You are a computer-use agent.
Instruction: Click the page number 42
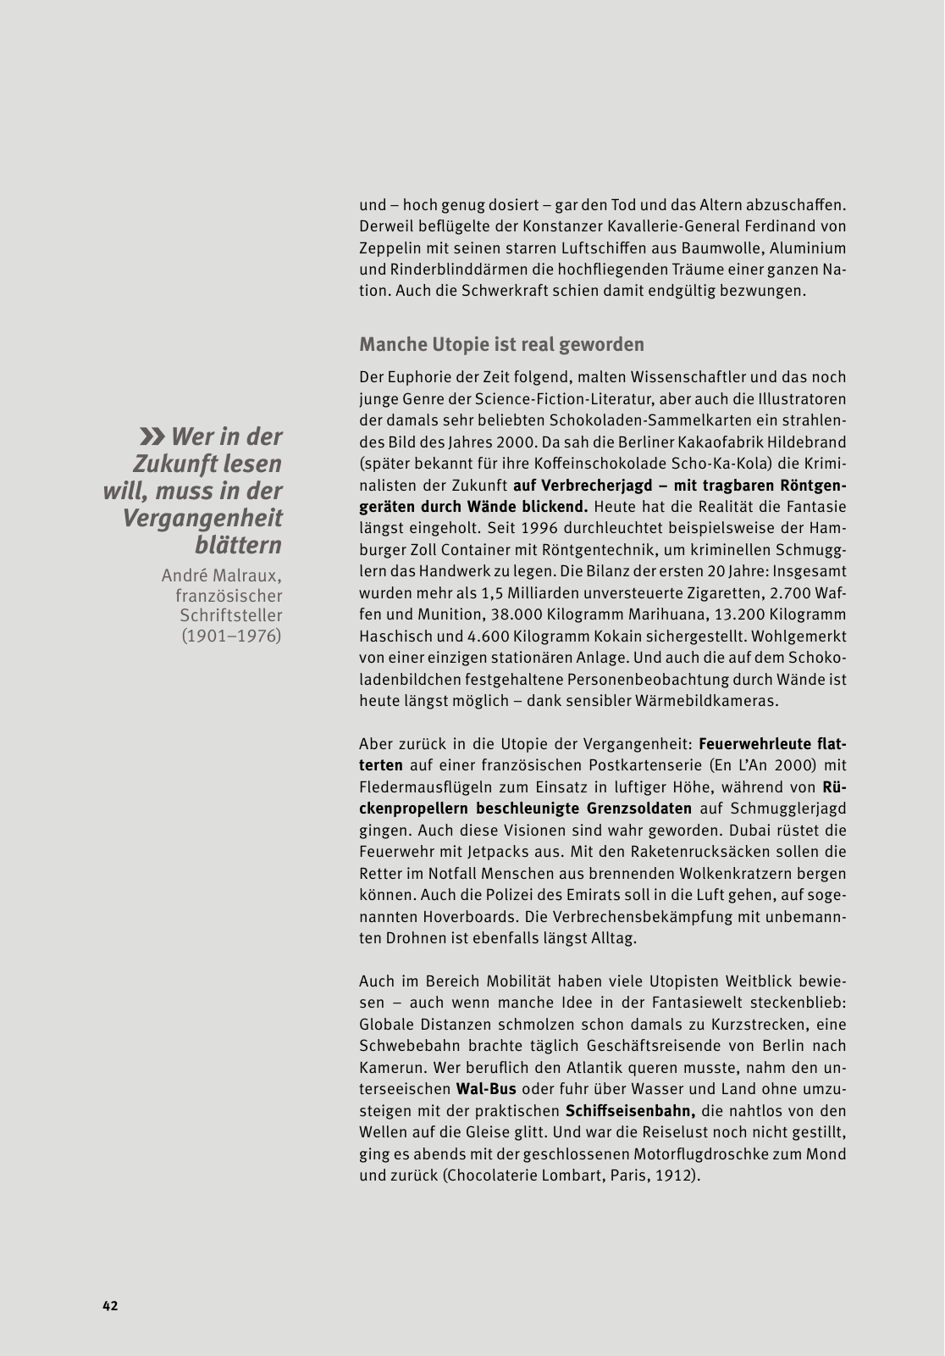[x=110, y=1306]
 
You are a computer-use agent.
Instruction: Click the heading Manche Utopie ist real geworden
[x=501, y=344]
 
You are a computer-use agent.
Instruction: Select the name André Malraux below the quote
[x=222, y=576]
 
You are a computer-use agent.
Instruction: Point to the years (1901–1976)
[x=231, y=636]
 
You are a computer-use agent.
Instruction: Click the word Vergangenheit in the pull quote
[x=202, y=518]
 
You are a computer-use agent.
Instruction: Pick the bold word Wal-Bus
[x=486, y=1089]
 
